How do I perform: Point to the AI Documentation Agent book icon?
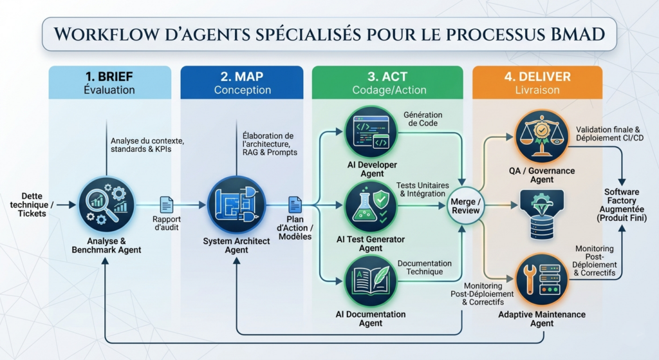(370, 280)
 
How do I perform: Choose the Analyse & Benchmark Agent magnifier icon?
(106, 205)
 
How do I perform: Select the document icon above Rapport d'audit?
(167, 205)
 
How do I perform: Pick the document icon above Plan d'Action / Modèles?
(295, 205)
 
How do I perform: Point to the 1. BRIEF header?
(109, 77)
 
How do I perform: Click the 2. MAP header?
(241, 77)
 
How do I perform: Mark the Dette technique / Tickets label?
(33, 205)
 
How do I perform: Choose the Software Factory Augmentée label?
(622, 205)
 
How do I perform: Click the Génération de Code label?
(423, 119)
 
